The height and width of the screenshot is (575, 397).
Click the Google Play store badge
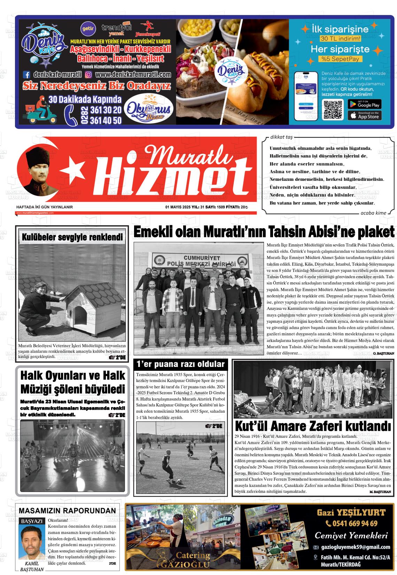point(365,104)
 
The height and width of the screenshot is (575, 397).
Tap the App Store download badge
point(365,115)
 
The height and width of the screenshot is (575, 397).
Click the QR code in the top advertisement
point(333,110)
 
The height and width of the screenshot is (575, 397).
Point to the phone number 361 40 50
point(106,120)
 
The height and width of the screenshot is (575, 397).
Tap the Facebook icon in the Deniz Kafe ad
point(27,74)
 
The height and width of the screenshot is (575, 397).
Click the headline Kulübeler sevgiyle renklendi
point(72,238)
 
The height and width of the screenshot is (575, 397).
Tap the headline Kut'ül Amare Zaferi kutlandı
point(313,426)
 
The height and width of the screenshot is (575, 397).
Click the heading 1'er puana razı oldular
point(180,365)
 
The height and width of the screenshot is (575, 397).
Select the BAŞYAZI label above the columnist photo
point(32,521)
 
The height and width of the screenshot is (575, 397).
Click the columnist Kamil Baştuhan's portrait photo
point(32,542)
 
